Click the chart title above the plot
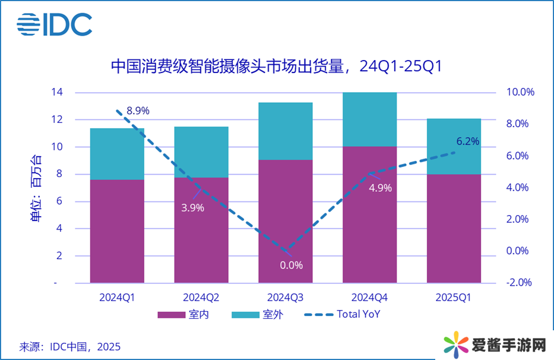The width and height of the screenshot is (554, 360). click(x=277, y=66)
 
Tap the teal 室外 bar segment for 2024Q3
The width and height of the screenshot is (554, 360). click(x=285, y=131)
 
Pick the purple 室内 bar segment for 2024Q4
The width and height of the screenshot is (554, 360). click(x=369, y=214)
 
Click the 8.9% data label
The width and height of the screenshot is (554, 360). click(x=138, y=110)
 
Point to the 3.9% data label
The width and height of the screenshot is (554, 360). click(x=193, y=208)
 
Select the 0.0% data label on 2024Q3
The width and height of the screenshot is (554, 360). click(x=292, y=265)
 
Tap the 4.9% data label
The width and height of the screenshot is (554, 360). click(x=380, y=188)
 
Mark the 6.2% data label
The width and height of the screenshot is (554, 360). click(x=468, y=141)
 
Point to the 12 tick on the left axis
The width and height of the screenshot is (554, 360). click(x=57, y=119)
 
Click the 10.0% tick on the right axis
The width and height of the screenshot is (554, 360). click(x=521, y=93)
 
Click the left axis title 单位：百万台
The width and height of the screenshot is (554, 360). click(x=36, y=188)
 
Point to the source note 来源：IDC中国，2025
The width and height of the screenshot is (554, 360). click(x=70, y=346)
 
